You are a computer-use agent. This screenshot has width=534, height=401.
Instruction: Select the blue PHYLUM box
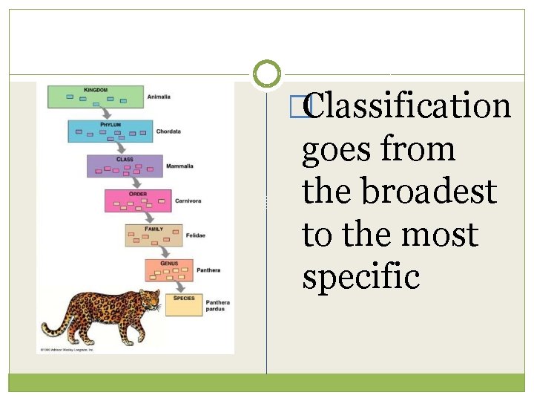tap(110, 131)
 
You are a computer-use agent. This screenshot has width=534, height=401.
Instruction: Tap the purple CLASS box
tap(124, 166)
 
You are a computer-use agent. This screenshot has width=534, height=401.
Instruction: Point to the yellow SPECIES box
tap(183, 304)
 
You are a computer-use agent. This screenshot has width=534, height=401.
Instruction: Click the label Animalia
tap(159, 97)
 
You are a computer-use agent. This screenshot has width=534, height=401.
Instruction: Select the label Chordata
tap(168, 131)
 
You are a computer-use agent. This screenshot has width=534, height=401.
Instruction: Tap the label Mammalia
tap(179, 166)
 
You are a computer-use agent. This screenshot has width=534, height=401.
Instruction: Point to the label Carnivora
tap(188, 200)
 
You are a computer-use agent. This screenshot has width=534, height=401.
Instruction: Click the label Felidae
tap(196, 235)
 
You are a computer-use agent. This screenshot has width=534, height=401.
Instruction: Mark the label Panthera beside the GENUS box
tap(208, 270)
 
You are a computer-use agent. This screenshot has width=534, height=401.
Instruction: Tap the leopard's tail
tap(53, 327)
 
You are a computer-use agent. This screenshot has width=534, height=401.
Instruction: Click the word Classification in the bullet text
tap(407, 105)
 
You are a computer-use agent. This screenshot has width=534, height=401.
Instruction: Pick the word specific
tap(361, 278)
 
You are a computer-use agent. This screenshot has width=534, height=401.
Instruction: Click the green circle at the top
tap(267, 74)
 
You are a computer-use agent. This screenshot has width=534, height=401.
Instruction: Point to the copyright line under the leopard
tap(67, 349)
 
